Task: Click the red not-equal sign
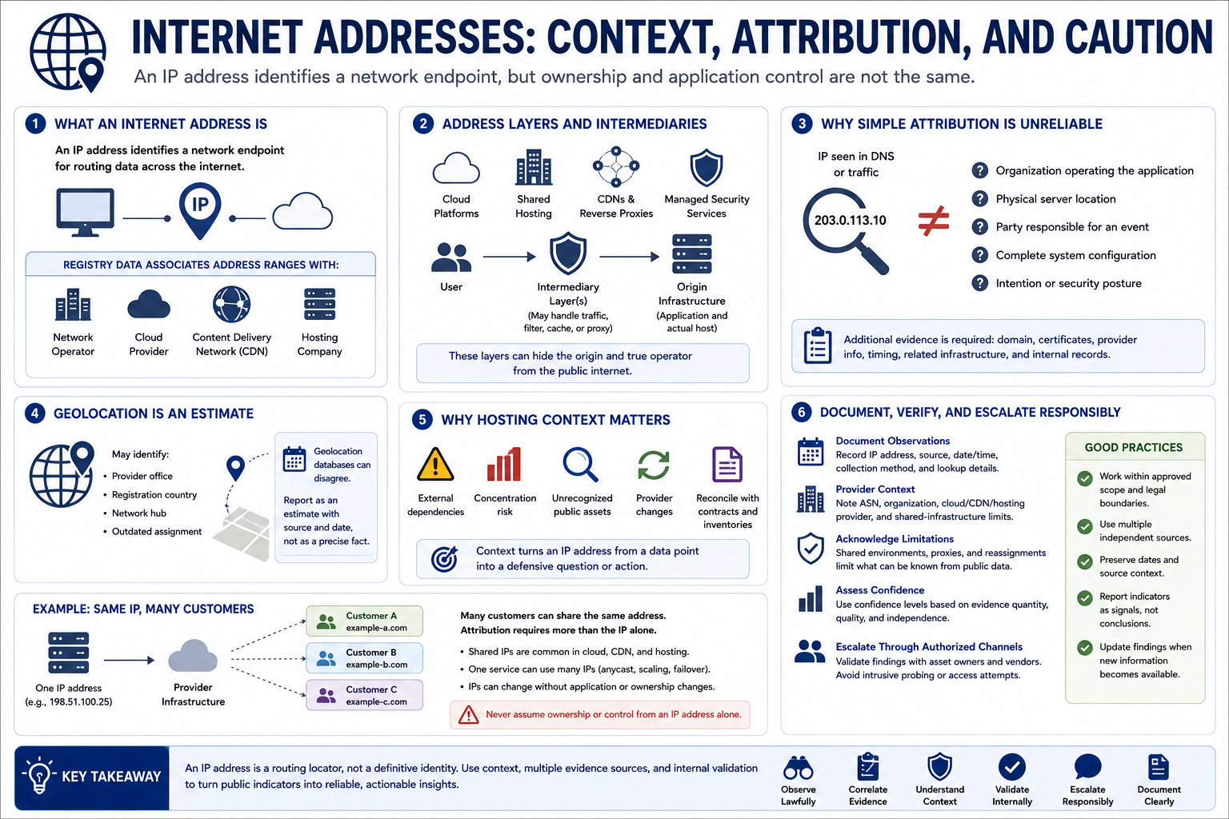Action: pos(933,221)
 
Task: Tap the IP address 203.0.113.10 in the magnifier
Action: pos(850,221)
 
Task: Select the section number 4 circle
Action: pos(35,413)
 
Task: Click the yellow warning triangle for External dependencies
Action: pos(435,464)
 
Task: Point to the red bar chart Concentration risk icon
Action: pos(504,464)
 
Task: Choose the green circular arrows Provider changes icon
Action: pos(654,465)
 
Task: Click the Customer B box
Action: pos(364,658)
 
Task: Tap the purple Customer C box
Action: pos(364,695)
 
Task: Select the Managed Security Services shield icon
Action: pos(707,167)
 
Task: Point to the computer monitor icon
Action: pos(85,212)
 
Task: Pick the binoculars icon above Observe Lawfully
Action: pos(799,768)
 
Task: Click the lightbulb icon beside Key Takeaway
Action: pos(38,774)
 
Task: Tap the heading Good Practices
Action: pos(1134,448)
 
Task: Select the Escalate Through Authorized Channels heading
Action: pos(929,647)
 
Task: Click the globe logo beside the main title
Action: pos(68,53)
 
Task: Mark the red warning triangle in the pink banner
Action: pos(468,715)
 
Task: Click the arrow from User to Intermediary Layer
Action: pos(509,256)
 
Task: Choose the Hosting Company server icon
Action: pos(319,304)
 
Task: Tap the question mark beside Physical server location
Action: pos(980,198)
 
